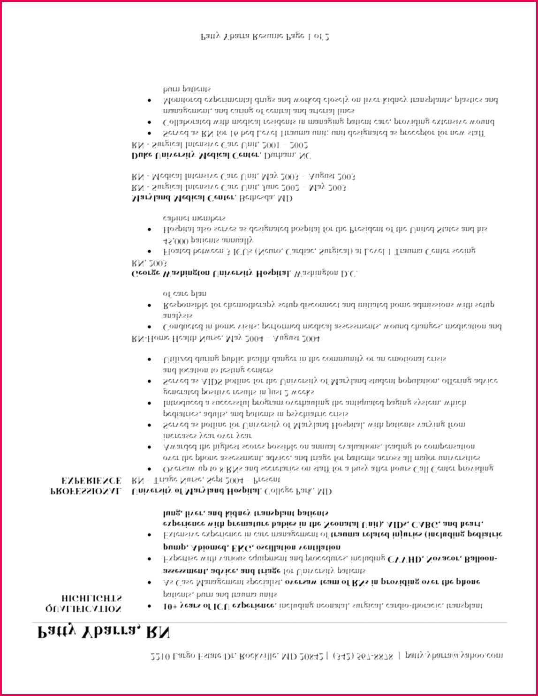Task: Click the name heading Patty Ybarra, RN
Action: [103, 633]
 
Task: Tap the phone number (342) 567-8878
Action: [363, 656]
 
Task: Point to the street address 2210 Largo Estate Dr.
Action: [192, 656]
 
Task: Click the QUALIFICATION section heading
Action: [83, 609]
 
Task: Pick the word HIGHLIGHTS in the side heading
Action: [91, 598]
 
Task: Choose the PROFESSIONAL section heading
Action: [85, 491]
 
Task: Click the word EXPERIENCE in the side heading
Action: [91, 480]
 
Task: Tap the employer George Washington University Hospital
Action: [211, 273]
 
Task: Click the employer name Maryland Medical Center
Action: [183, 198]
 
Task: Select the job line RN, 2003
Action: [149, 263]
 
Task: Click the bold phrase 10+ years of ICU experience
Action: [220, 606]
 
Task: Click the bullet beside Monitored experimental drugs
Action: [149, 100]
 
